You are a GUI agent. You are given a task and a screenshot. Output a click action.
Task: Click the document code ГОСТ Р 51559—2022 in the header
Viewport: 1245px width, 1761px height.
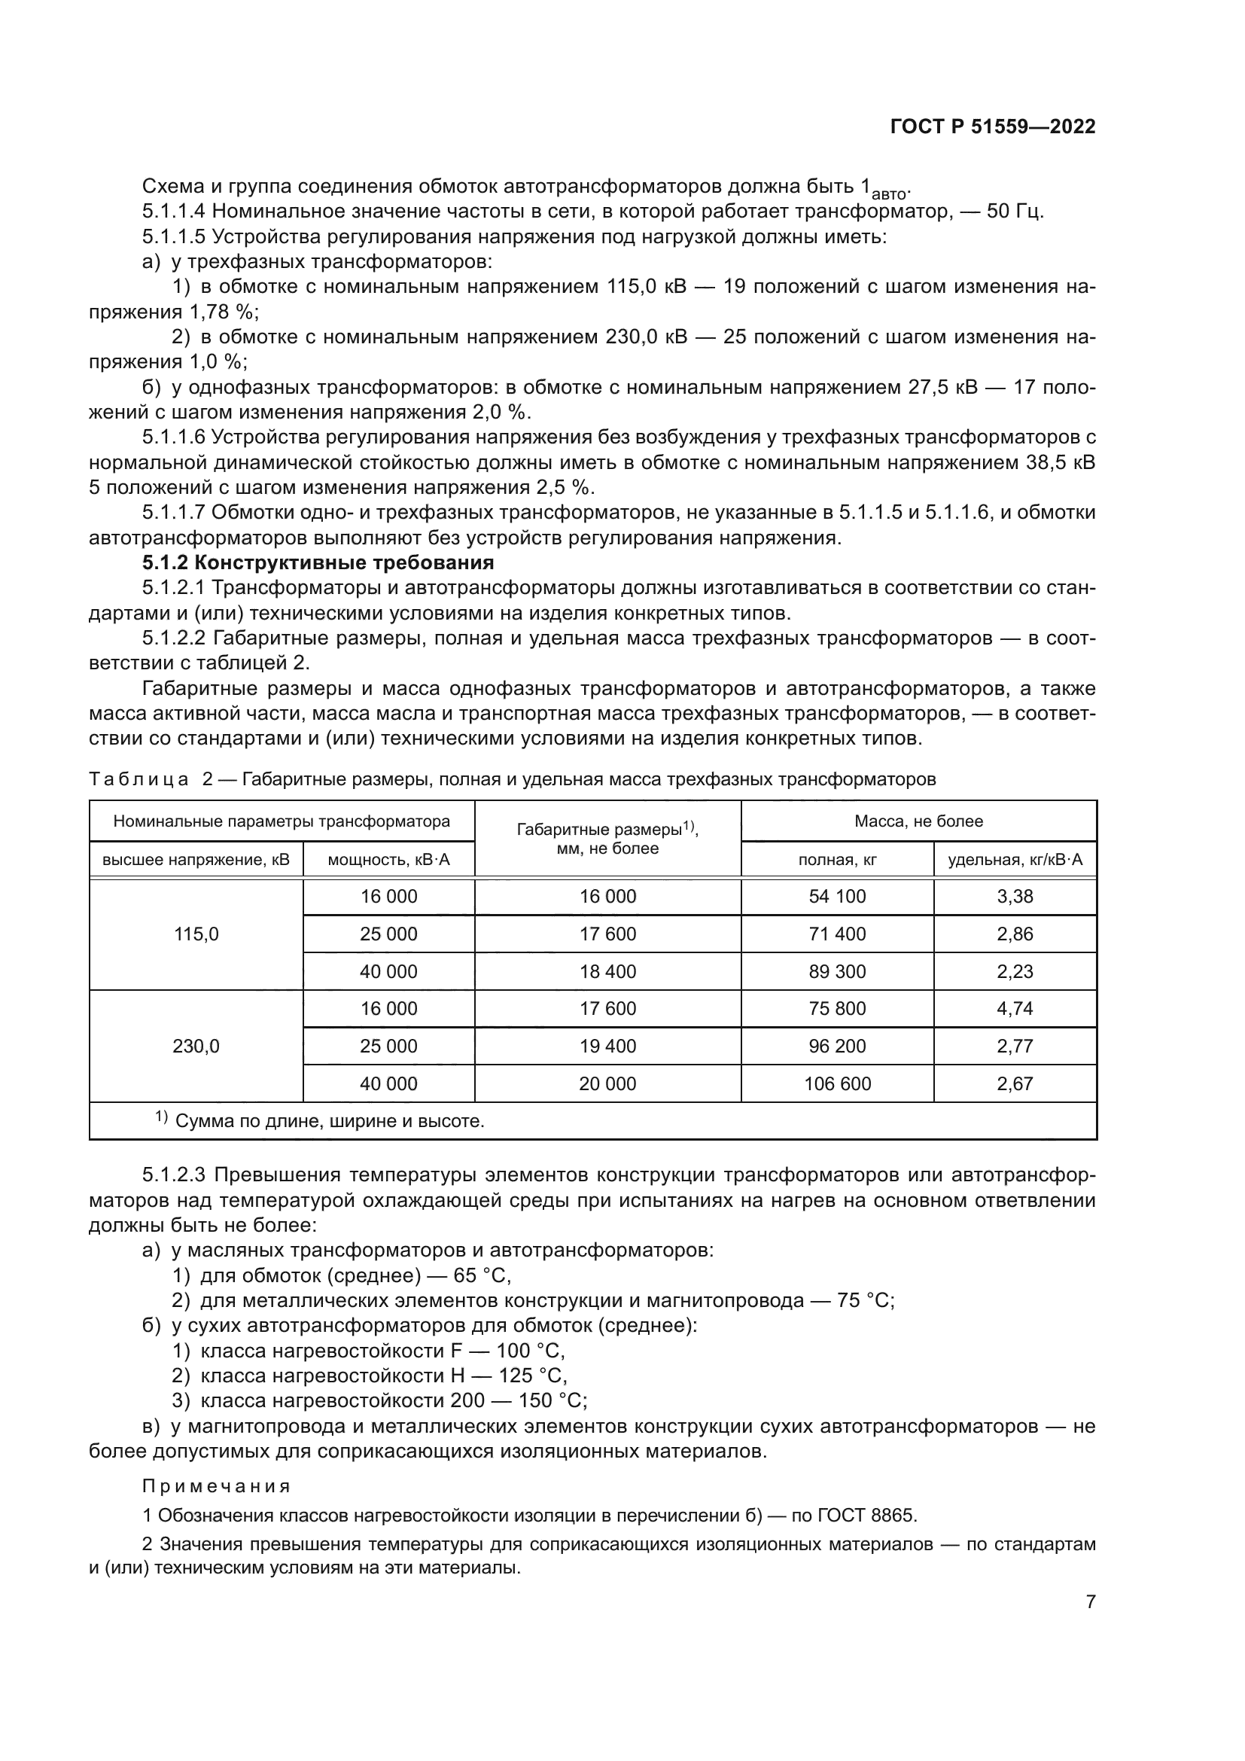992,127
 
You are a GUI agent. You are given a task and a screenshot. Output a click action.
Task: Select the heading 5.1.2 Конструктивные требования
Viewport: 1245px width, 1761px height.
318,562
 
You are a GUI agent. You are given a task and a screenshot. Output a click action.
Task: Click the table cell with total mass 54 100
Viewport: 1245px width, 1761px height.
836,896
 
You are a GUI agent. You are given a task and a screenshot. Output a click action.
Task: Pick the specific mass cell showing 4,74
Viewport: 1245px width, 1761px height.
1014,1008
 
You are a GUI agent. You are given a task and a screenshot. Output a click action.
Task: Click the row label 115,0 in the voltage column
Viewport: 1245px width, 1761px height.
196,934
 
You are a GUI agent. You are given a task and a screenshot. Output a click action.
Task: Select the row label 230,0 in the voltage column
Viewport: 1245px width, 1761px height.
196,1046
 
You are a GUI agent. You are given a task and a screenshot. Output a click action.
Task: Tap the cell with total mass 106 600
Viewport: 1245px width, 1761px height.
836,1083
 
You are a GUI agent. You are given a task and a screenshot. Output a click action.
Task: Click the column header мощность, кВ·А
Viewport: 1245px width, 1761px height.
388,859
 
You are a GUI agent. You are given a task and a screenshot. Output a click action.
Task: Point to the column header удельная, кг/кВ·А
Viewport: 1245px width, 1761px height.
1014,859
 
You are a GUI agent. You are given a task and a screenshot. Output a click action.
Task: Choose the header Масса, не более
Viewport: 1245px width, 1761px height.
918,821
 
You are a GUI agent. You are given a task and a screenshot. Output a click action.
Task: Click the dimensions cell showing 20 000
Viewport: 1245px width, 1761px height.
607,1083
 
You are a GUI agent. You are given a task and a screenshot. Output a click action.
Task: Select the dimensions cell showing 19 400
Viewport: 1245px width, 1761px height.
607,1046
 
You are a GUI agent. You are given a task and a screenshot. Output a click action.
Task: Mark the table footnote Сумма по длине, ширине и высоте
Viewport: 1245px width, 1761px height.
330,1121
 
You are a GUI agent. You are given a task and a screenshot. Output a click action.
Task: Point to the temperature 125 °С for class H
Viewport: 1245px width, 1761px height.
532,1376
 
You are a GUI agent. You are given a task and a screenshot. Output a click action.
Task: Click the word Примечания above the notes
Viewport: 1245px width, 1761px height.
216,1486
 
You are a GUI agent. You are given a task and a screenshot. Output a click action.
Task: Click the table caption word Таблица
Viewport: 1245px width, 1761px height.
139,780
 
